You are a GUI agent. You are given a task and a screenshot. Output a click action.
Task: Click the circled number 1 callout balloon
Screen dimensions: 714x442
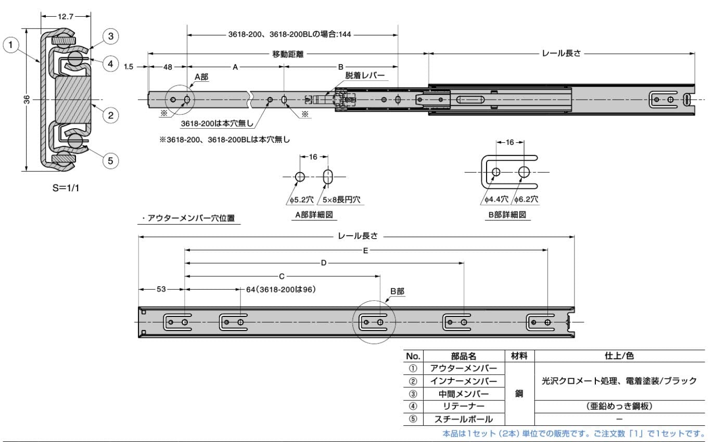point(11,45)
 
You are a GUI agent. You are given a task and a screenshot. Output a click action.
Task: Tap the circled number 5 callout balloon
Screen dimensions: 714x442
point(111,161)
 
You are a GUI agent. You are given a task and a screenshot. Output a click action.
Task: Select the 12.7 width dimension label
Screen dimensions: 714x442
point(66,16)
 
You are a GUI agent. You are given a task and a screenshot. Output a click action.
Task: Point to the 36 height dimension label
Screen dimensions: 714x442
point(27,100)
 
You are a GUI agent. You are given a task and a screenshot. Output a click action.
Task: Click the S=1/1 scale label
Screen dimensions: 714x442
point(66,188)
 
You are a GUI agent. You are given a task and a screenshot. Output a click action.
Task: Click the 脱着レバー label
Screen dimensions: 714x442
point(365,76)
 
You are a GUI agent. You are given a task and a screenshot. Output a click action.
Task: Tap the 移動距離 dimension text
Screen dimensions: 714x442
point(288,54)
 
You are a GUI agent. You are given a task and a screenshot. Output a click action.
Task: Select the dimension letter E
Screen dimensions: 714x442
point(366,251)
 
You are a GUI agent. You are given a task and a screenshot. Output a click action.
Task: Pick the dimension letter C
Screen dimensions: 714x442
point(282,277)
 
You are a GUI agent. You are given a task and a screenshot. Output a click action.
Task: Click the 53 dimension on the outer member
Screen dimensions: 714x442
point(161,289)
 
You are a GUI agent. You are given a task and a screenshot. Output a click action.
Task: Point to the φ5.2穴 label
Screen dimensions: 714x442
point(301,200)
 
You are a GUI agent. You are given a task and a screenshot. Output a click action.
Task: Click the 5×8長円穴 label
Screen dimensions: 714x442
point(341,200)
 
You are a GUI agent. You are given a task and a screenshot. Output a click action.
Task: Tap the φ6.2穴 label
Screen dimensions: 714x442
point(526,199)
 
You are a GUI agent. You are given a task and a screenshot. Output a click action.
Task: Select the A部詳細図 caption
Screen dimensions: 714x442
point(314,215)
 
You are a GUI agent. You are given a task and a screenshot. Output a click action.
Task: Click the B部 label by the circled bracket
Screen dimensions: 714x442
point(397,291)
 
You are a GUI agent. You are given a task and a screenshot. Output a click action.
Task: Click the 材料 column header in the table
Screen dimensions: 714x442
point(519,356)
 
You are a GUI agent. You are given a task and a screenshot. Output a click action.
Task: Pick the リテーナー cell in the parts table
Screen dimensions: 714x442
point(464,406)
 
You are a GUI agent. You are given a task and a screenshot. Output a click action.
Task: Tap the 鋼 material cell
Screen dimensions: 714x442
point(519,394)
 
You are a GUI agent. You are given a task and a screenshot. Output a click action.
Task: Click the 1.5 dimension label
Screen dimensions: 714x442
point(129,67)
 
